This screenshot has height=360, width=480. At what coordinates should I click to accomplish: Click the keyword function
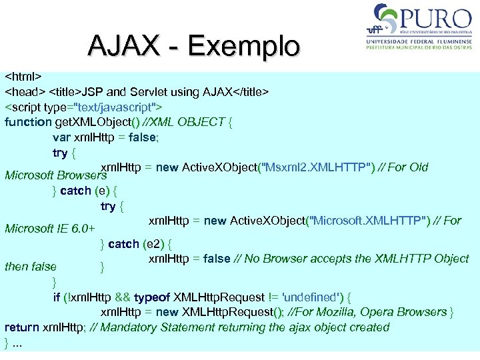click(x=28, y=122)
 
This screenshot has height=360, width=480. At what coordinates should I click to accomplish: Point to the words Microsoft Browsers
click(x=56, y=176)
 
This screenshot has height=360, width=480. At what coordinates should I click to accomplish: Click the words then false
click(x=31, y=267)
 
